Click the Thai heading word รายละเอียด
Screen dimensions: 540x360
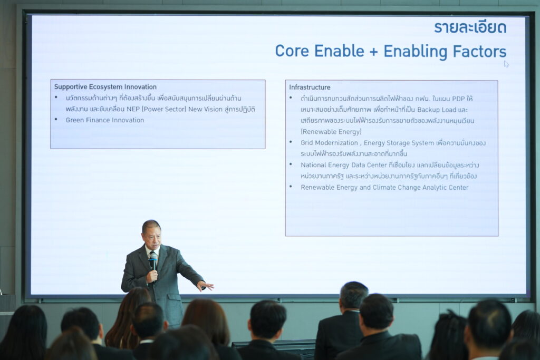pyautogui.click(x=470, y=27)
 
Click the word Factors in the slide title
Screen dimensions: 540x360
pyautogui.click(x=479, y=51)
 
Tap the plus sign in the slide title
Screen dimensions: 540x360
pyautogui.click(x=374, y=52)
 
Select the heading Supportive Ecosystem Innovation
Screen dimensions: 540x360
pyautogui.click(x=105, y=87)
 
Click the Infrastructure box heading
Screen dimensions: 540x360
pyautogui.click(x=310, y=87)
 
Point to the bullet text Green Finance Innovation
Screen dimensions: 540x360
pyautogui.click(x=105, y=120)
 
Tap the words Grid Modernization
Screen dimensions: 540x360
pyautogui.click(x=329, y=142)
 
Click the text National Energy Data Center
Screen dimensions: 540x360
pyautogui.click(x=344, y=165)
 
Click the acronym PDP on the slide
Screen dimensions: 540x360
pyautogui.click(x=458, y=99)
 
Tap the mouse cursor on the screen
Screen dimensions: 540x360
pyautogui.click(x=506, y=64)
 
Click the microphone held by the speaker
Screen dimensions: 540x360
pyautogui.click(x=153, y=264)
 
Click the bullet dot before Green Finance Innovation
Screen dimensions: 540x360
pyautogui.click(x=56, y=120)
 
